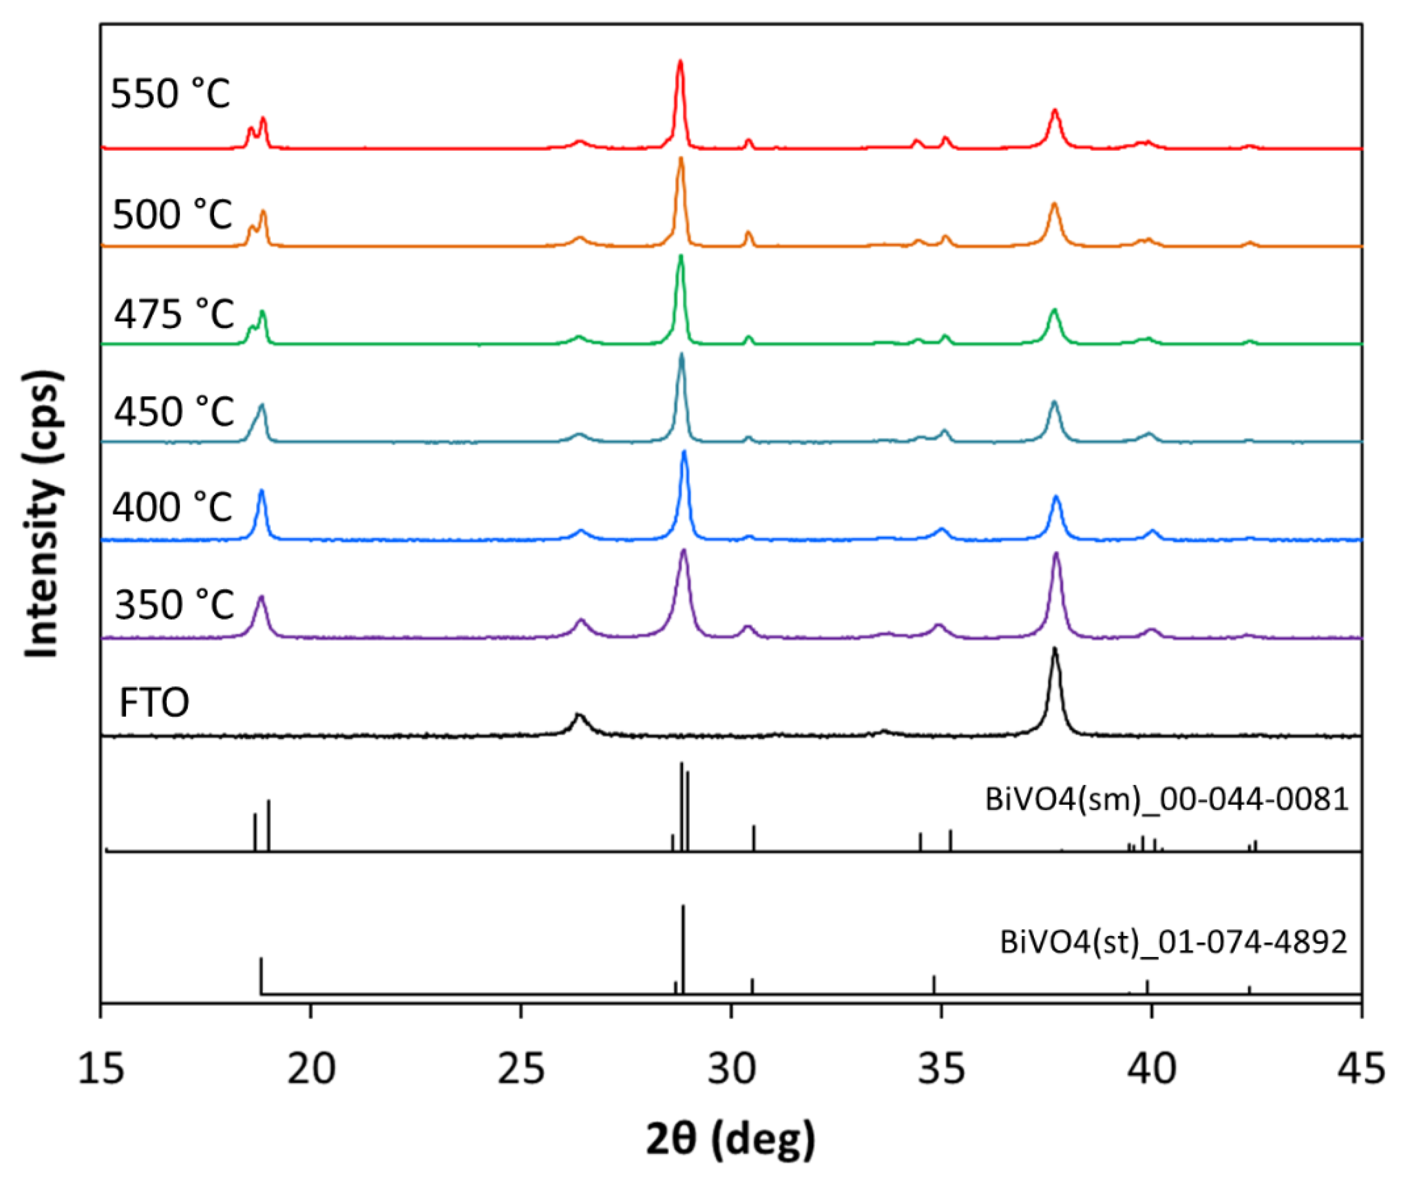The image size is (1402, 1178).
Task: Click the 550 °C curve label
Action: click(x=171, y=94)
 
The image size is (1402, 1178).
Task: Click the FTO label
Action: click(x=154, y=703)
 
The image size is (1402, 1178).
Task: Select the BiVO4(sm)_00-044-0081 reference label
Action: click(x=1167, y=799)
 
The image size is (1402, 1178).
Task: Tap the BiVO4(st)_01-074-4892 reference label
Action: click(x=1173, y=942)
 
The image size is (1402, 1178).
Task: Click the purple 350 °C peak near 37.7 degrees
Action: click(x=1056, y=554)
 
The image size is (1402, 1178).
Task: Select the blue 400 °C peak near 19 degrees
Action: click(x=261, y=492)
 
